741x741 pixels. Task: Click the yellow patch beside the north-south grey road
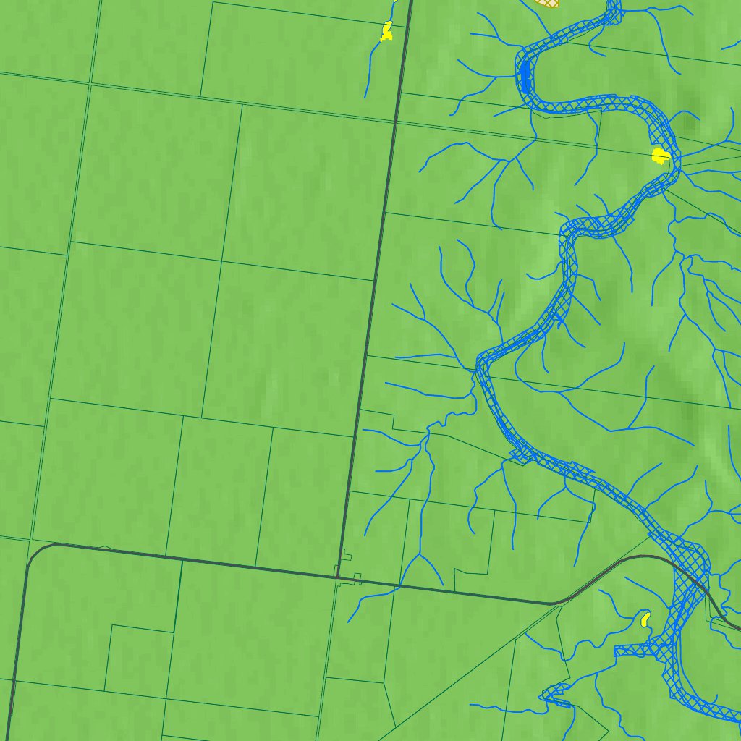pos(386,31)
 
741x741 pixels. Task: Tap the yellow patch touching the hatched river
pos(660,156)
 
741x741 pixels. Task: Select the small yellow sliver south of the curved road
pos(644,619)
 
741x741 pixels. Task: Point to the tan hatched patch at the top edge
pos(549,3)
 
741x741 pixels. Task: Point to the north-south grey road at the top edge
pos(410,4)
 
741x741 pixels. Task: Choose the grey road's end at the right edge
pos(736,627)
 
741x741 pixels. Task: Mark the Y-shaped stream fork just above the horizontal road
pos(419,556)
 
